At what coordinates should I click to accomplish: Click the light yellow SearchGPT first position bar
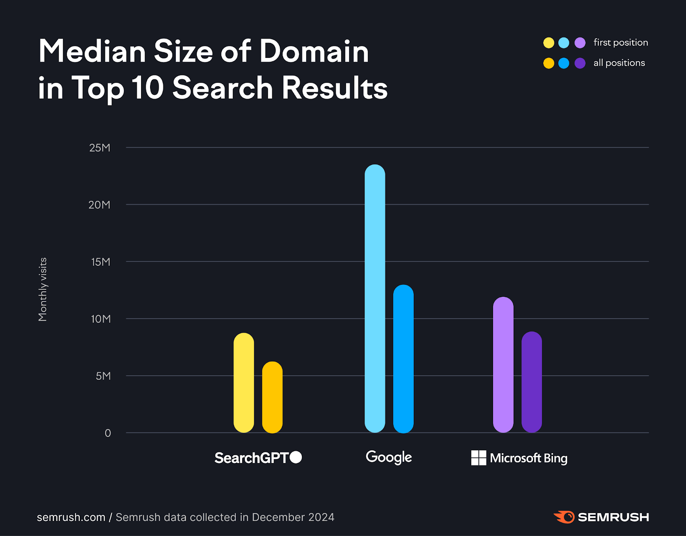(x=244, y=382)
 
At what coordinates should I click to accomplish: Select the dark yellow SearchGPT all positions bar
(x=272, y=397)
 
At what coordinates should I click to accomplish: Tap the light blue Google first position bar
(x=375, y=298)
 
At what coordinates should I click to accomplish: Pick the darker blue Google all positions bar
(x=403, y=358)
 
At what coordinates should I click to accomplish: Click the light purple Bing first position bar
(x=503, y=364)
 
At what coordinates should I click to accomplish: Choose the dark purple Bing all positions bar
(x=532, y=382)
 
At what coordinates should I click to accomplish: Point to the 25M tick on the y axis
(x=100, y=148)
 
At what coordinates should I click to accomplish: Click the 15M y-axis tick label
(x=101, y=262)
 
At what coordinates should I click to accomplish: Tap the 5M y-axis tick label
(x=103, y=376)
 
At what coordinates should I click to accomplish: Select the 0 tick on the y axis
(x=108, y=433)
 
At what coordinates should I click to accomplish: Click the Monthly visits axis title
(x=42, y=289)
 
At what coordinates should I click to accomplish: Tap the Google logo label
(x=388, y=458)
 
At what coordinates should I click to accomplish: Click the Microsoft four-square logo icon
(x=478, y=458)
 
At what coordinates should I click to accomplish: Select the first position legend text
(x=620, y=42)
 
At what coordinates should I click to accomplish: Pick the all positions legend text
(x=619, y=63)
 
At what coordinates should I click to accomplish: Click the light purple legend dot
(x=580, y=43)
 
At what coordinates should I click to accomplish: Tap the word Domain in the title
(x=314, y=51)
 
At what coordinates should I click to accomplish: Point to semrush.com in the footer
(x=71, y=518)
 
